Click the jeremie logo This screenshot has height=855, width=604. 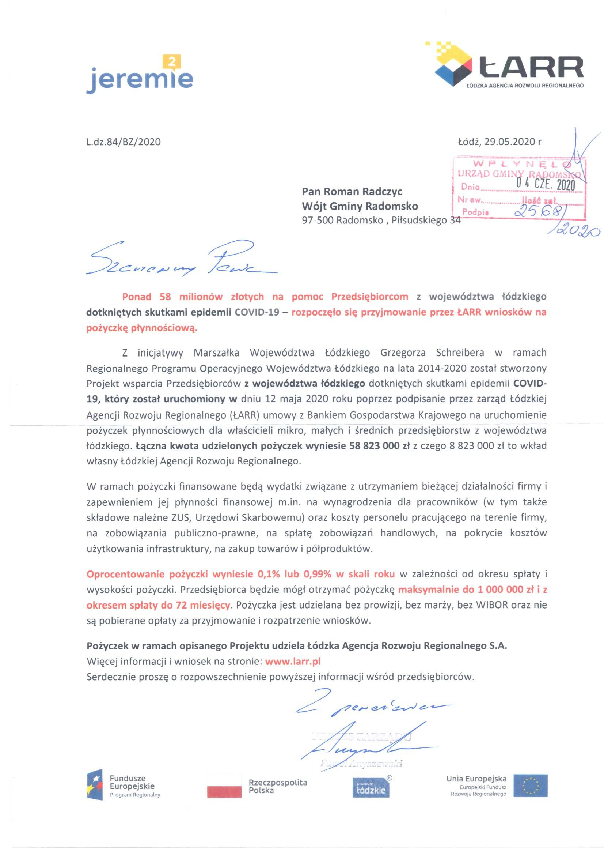pyautogui.click(x=140, y=76)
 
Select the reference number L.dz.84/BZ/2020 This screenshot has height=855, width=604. pyautogui.click(x=123, y=142)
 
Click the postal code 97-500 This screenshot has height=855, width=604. pyautogui.click(x=318, y=221)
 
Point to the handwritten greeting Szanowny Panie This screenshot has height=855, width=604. pyautogui.click(x=179, y=260)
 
